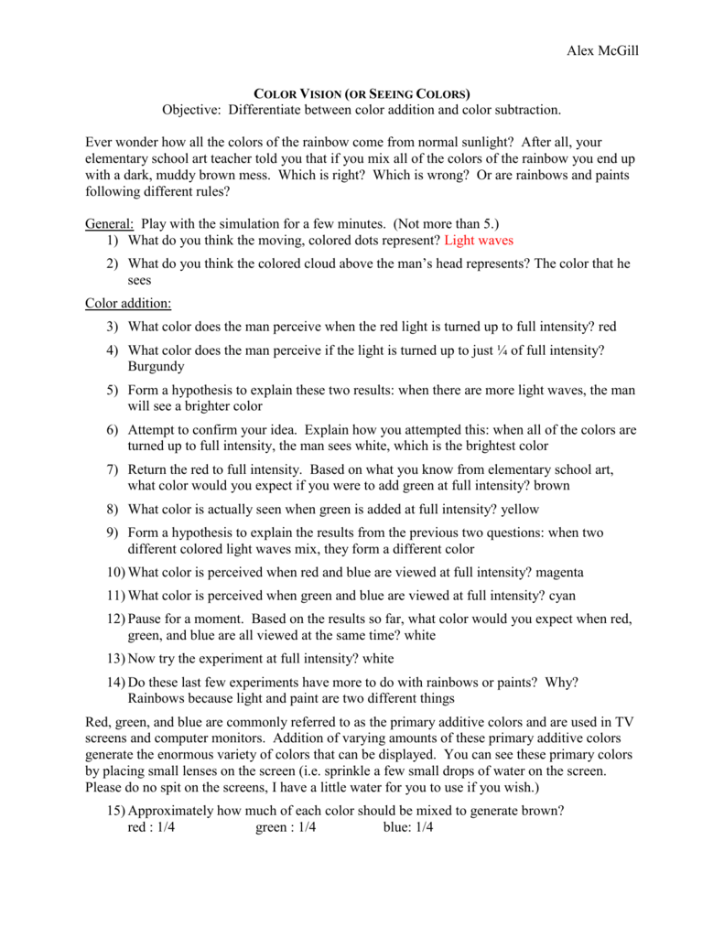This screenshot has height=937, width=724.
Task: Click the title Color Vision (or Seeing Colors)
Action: (x=362, y=94)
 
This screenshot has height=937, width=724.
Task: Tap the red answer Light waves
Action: (x=479, y=241)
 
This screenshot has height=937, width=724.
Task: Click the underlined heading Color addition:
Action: (x=127, y=304)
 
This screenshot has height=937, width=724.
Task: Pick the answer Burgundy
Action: (x=157, y=367)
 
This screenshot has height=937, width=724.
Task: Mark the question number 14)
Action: (x=114, y=682)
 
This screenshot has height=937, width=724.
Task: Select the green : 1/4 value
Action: (x=286, y=828)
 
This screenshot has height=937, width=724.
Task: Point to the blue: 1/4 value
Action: (x=408, y=828)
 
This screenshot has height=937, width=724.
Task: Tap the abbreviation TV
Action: (x=625, y=722)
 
